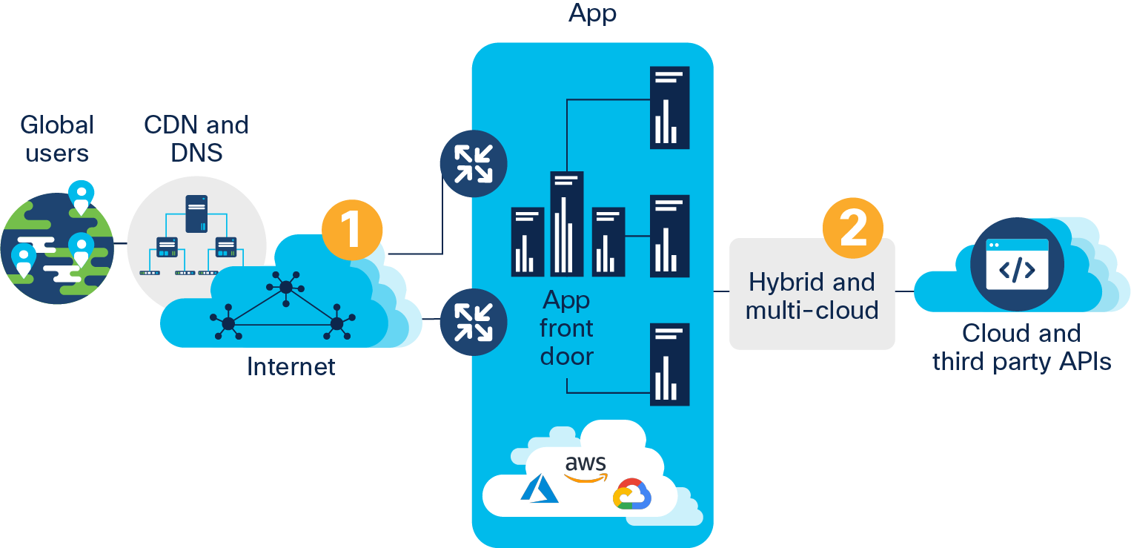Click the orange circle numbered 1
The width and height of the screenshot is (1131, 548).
(352, 228)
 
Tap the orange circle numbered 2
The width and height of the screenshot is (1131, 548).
(853, 226)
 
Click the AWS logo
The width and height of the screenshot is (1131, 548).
(586, 467)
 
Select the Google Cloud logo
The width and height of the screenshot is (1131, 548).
(631, 495)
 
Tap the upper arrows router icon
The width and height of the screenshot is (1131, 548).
(473, 163)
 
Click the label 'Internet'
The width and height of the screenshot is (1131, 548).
(291, 366)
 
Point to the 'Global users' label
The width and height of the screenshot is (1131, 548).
(57, 139)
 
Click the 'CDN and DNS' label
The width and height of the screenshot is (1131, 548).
(196, 139)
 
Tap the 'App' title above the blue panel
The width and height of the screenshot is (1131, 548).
(592, 13)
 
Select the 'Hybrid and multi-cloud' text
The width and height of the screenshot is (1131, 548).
(812, 296)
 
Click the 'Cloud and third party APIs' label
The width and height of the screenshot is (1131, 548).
(1021, 347)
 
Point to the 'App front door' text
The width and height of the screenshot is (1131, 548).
(567, 329)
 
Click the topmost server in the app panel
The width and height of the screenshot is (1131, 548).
(669, 108)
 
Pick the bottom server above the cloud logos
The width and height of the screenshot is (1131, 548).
(669, 364)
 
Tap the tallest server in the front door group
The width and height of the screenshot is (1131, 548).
(567, 223)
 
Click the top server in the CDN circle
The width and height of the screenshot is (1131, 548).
(196, 213)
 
